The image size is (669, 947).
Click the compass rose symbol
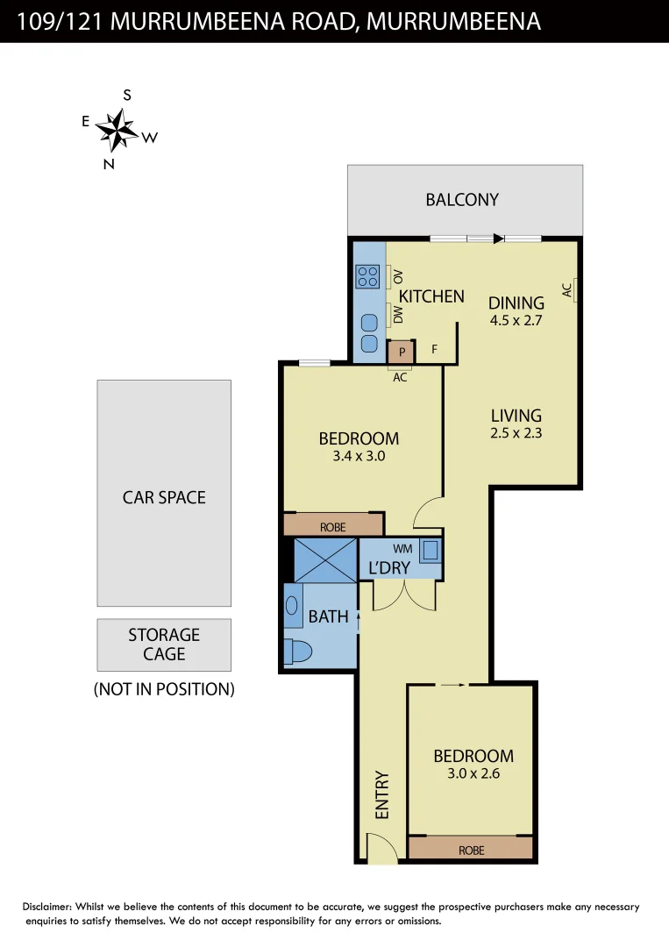[x=115, y=130]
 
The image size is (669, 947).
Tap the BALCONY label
[x=462, y=200]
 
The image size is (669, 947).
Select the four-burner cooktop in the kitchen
[x=367, y=277]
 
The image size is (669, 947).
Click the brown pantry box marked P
[x=402, y=352]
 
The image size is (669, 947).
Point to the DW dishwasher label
[x=397, y=314]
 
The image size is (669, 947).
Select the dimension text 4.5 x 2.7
[x=516, y=320]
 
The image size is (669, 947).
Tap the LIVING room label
[x=516, y=416]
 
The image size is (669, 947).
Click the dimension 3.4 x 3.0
[x=358, y=456]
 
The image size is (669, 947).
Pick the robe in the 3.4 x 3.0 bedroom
[x=333, y=526]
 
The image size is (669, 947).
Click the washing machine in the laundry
[x=431, y=551]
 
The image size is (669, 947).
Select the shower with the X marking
[x=325, y=560]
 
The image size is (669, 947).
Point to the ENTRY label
[x=382, y=795]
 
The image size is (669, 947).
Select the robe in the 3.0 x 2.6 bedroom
[x=471, y=849]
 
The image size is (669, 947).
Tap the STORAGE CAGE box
[x=164, y=644]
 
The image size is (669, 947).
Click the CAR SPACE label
[x=164, y=497]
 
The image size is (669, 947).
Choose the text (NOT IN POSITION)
[x=164, y=689]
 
